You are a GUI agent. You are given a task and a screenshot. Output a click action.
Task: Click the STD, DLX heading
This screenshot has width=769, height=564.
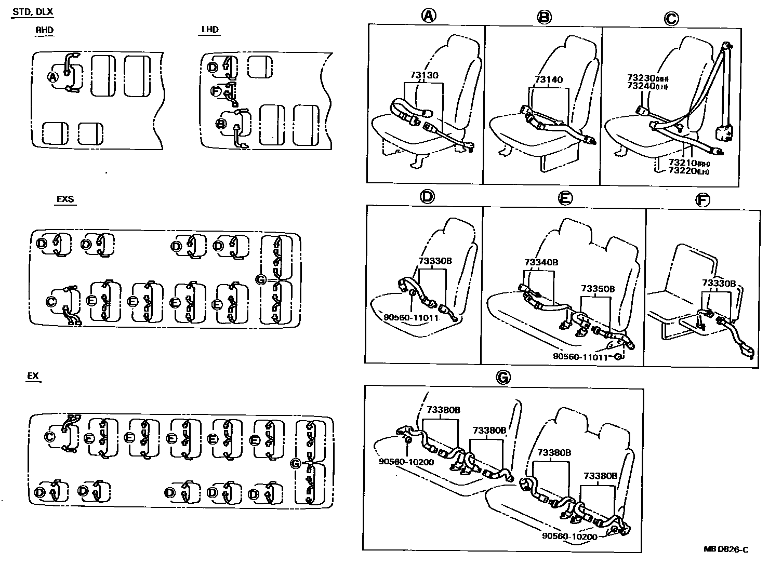(x=32, y=11)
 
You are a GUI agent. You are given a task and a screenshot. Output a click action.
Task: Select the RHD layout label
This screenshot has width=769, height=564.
(x=44, y=30)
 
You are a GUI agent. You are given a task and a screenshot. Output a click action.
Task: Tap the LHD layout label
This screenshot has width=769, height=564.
(x=209, y=30)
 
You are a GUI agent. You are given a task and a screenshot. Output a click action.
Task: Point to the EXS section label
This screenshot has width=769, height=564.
(x=65, y=199)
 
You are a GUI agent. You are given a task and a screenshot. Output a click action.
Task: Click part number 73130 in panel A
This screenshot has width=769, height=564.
(x=424, y=75)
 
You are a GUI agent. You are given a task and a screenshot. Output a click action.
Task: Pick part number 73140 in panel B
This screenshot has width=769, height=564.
(x=549, y=80)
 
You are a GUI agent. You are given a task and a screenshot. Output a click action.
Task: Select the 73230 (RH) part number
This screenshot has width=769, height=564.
(x=646, y=78)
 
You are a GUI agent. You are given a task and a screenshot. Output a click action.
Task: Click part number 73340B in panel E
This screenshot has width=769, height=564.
(x=541, y=263)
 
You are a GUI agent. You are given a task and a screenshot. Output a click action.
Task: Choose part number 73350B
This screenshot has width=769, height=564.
(x=598, y=288)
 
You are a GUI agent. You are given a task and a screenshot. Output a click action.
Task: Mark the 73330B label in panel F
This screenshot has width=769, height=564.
(x=719, y=283)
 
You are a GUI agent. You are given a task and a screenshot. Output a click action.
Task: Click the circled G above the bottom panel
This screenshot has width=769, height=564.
(x=503, y=378)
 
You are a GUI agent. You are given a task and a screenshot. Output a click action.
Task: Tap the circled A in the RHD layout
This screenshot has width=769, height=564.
(x=52, y=77)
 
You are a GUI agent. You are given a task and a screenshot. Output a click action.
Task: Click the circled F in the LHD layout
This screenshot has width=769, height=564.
(x=216, y=91)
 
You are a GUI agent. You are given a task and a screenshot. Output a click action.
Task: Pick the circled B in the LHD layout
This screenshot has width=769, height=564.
(x=221, y=124)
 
